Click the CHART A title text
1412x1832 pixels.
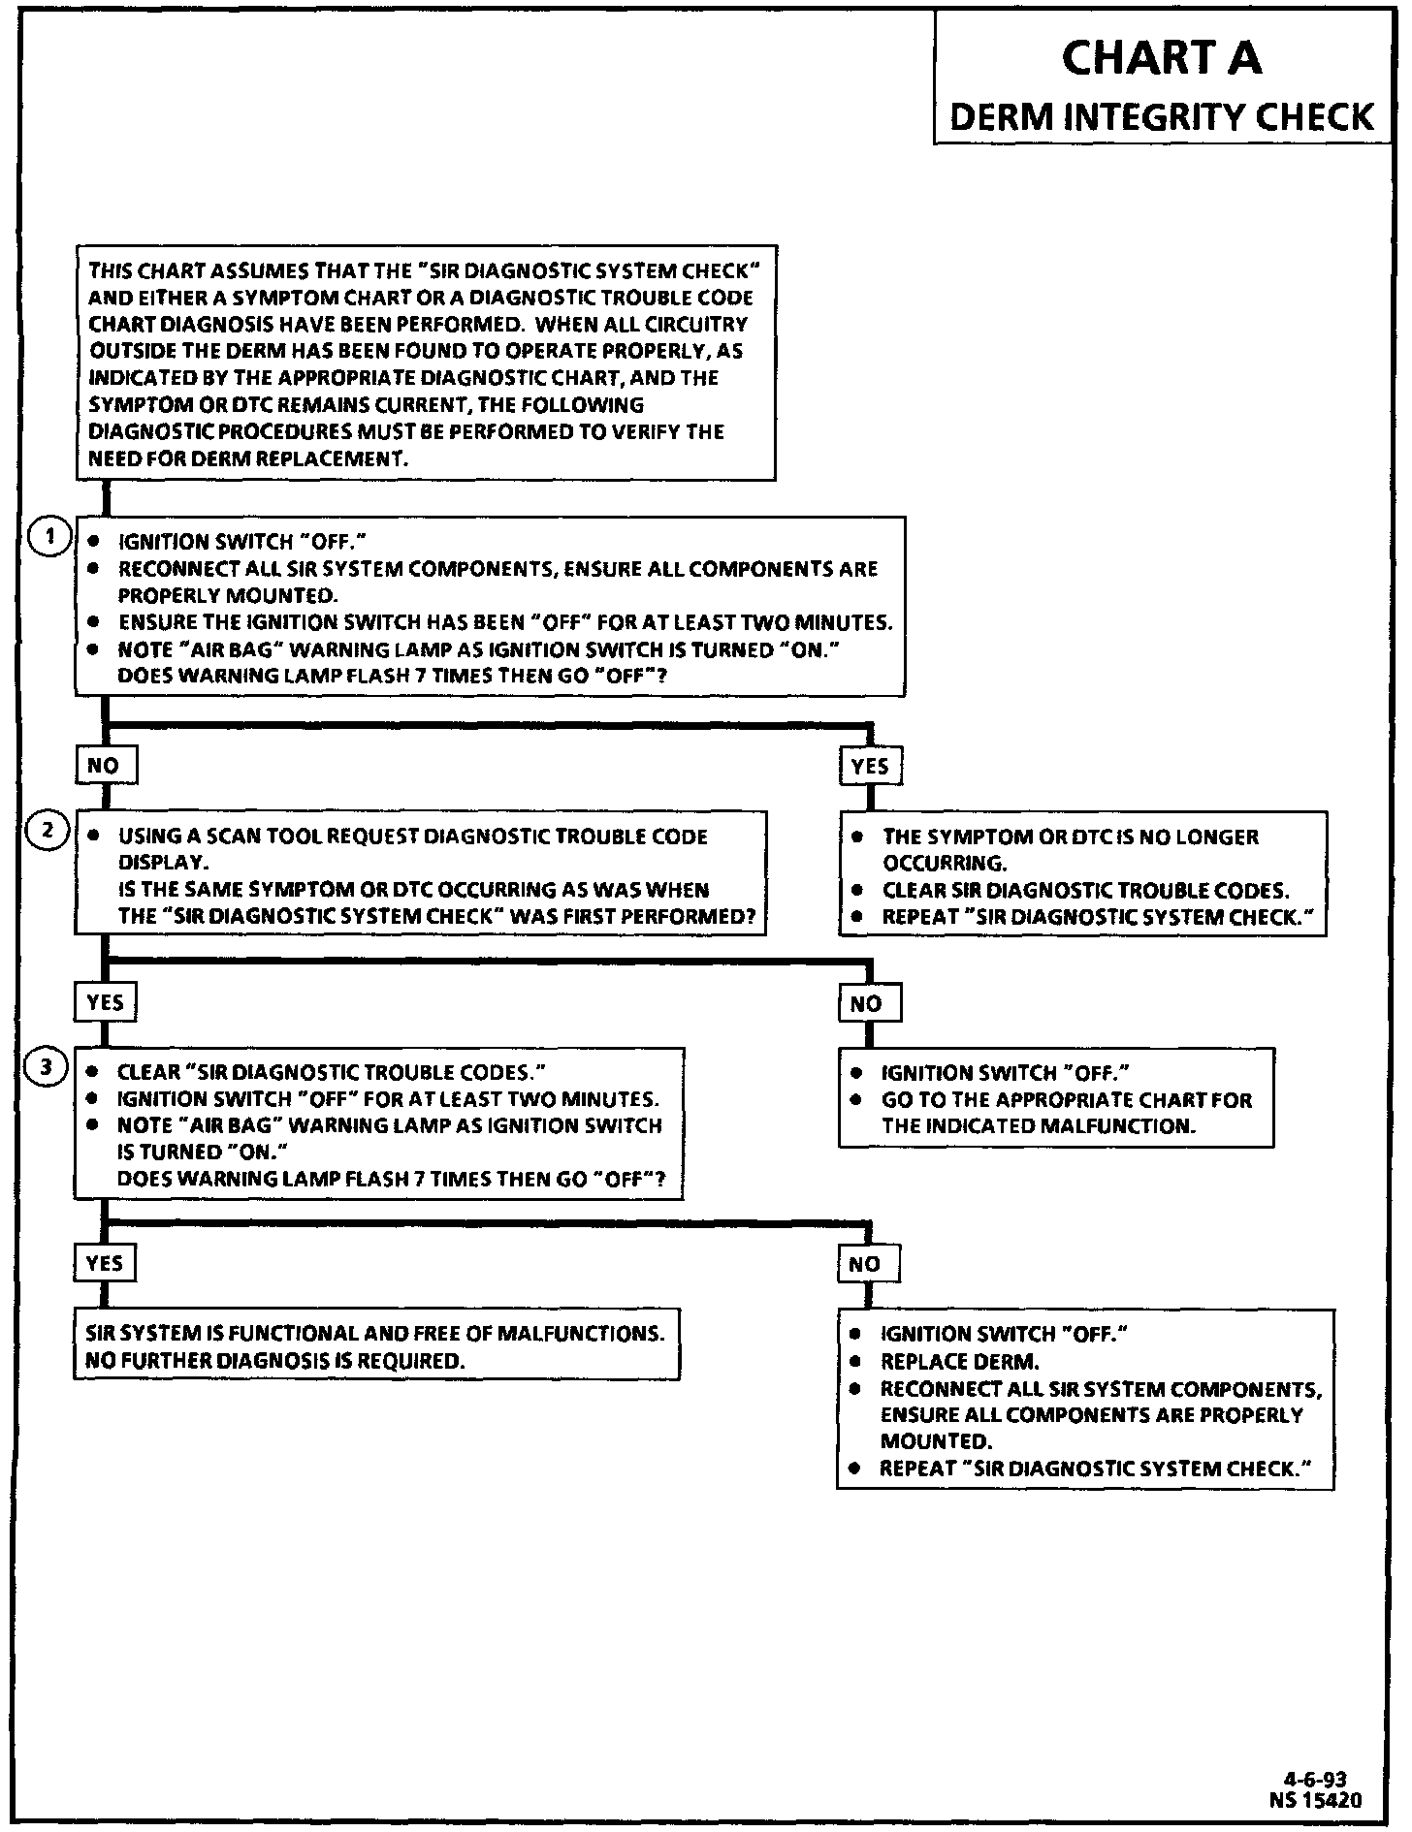coord(1161,58)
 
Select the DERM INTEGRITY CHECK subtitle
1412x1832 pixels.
coord(1161,117)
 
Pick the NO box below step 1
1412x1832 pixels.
coord(105,766)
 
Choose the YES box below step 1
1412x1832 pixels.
coord(870,766)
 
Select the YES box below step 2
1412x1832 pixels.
coord(105,1002)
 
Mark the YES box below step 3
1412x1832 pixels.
coord(105,1263)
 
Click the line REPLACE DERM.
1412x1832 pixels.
coord(959,1361)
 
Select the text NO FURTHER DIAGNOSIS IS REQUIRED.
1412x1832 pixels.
coord(275,1360)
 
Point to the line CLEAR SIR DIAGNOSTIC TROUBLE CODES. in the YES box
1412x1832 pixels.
coord(1085,891)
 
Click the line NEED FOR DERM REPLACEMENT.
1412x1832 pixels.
coord(247,458)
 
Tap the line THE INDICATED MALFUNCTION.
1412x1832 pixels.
coord(1038,1126)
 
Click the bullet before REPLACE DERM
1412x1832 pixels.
coord(855,1361)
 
